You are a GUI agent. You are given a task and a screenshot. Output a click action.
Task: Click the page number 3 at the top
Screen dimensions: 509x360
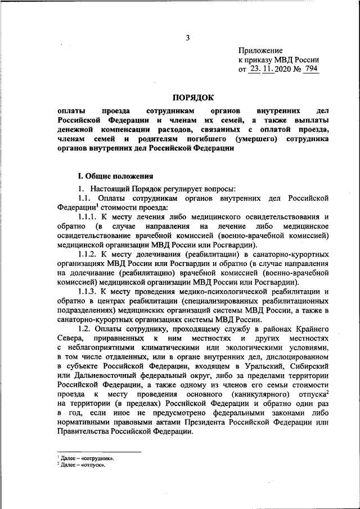pyautogui.click(x=188, y=38)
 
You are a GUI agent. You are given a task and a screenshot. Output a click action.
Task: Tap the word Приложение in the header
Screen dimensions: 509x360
pyautogui.click(x=260, y=50)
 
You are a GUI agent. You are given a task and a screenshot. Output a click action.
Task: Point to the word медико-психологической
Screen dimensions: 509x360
pyautogui.click(x=210, y=293)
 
